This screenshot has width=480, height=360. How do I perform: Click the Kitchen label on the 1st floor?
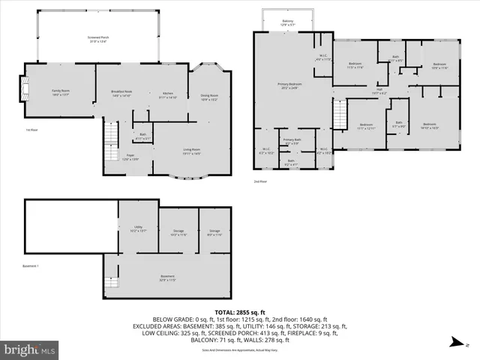coord(168,94)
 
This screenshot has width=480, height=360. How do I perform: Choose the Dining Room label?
coord(208,96)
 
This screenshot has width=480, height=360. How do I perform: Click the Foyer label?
coord(130,157)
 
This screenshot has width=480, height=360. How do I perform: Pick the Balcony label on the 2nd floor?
coord(287,22)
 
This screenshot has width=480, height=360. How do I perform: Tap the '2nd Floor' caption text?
coord(261,181)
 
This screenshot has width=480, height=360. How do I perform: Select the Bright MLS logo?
coord(30,349)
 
